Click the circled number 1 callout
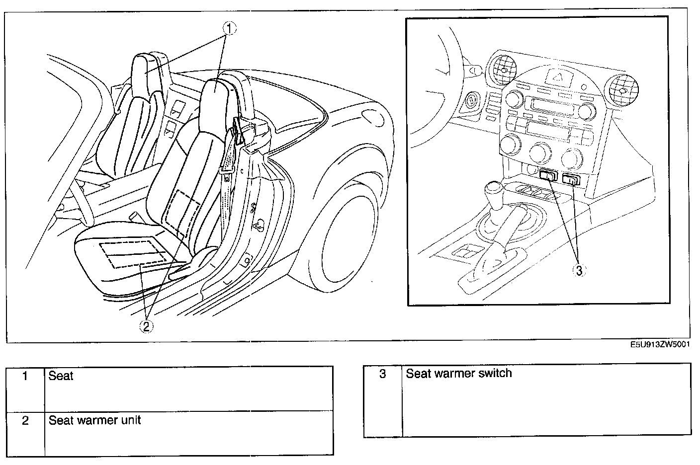coord(229,29)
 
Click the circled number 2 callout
coord(146,326)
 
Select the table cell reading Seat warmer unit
coord(94,420)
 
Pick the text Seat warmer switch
coord(458,373)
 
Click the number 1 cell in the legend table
coord(25,376)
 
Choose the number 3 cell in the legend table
coord(382,374)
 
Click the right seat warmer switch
coord(571,179)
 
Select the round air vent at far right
coord(621,89)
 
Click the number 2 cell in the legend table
coord(25,421)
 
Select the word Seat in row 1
coord(61,376)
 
